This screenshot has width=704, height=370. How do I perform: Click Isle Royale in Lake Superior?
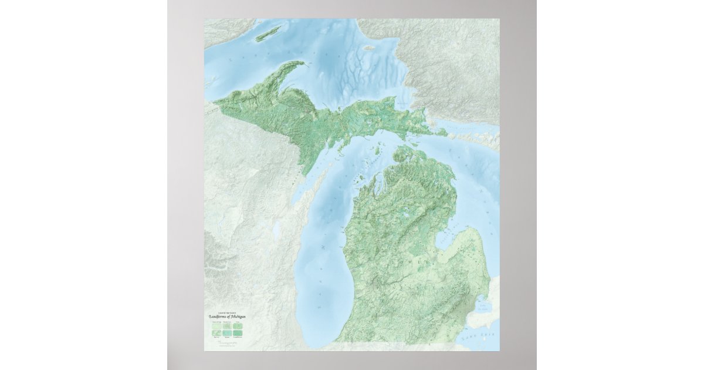coord(268,33)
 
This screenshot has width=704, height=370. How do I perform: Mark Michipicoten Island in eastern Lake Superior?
coord(369,48)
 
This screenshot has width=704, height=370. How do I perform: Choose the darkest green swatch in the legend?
coord(239,332)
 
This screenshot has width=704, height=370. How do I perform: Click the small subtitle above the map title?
coord(226,312)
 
